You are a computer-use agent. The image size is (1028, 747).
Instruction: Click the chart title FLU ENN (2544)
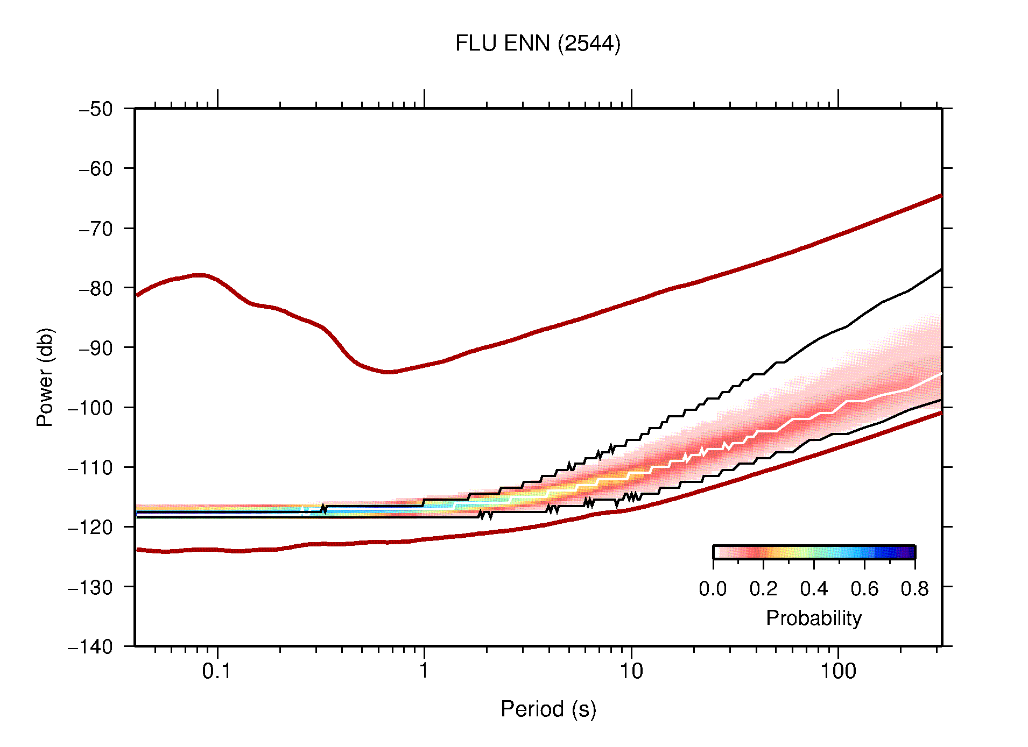tap(537, 44)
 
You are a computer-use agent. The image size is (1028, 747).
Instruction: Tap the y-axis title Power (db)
tap(45, 377)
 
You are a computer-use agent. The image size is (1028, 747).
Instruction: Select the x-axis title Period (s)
tap(548, 709)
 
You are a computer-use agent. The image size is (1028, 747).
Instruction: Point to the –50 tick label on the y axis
tap(96, 109)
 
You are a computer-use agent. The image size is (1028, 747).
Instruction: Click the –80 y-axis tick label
tap(96, 288)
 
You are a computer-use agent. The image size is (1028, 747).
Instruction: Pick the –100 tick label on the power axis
tap(90, 408)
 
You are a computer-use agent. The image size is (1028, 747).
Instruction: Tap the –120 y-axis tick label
tap(90, 527)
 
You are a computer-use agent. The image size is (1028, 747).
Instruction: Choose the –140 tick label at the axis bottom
tap(90, 646)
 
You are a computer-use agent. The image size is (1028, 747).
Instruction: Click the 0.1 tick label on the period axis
tap(217, 671)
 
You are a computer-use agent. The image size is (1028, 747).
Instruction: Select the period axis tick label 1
tap(424, 671)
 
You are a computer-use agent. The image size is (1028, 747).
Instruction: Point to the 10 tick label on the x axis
tap(631, 671)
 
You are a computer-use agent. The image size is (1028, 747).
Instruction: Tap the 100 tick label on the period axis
tap(837, 671)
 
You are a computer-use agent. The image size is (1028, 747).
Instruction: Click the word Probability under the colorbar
tap(813, 618)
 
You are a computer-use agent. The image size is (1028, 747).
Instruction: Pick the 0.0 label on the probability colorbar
tap(713, 589)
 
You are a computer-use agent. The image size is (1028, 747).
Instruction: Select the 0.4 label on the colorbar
tap(814, 589)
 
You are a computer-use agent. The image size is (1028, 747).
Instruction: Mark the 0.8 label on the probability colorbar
tap(914, 589)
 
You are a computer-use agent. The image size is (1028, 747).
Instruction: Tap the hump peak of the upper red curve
tap(199, 275)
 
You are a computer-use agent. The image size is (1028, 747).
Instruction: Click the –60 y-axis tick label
tap(96, 169)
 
